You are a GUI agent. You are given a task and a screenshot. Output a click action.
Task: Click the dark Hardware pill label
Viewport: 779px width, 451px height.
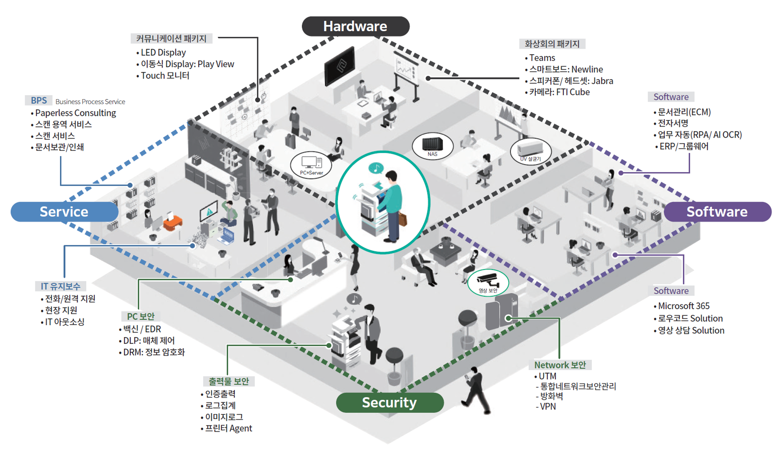point(356,26)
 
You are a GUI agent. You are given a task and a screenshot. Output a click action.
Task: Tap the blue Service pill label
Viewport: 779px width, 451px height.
point(64,212)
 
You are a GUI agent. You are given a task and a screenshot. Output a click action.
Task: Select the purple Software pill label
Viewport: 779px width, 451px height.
point(717,212)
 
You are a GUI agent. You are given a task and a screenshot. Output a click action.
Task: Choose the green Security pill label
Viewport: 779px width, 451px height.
point(389,403)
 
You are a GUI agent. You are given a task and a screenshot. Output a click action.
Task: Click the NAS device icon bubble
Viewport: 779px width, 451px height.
point(433,146)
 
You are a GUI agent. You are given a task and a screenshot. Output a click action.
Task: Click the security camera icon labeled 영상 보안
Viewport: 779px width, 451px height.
point(488,283)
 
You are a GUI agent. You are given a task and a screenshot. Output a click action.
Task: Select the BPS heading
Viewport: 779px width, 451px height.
point(39,100)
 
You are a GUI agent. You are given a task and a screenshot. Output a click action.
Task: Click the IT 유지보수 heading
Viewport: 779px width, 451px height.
point(61,286)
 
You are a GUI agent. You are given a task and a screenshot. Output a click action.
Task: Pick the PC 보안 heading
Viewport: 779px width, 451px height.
point(141,316)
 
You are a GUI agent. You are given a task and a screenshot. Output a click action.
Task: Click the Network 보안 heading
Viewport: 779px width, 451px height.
point(560,365)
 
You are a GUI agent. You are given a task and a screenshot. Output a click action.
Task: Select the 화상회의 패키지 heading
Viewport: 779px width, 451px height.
point(552,44)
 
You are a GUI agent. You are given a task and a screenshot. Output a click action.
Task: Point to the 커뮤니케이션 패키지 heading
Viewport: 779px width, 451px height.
point(171,39)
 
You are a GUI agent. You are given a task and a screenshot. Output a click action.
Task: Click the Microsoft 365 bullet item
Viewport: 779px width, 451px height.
point(684,306)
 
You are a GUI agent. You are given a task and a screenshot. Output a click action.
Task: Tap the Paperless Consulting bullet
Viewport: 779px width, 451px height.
point(75,113)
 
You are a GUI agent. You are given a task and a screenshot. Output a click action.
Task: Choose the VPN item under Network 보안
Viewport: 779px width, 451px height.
point(548,406)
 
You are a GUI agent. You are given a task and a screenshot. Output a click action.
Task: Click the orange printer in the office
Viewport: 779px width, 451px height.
point(173,222)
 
